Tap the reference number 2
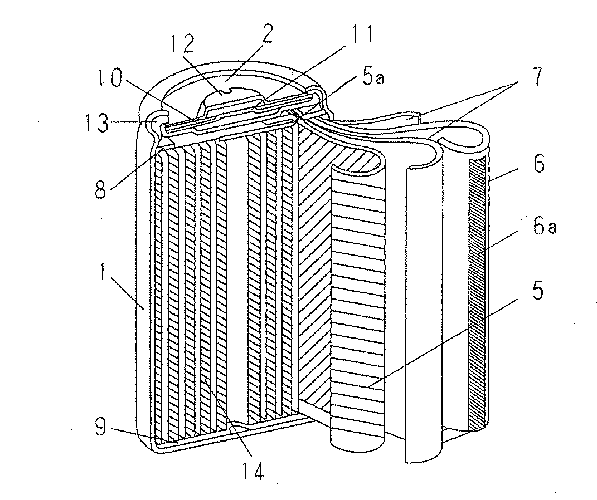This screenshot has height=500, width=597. coord(267,35)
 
